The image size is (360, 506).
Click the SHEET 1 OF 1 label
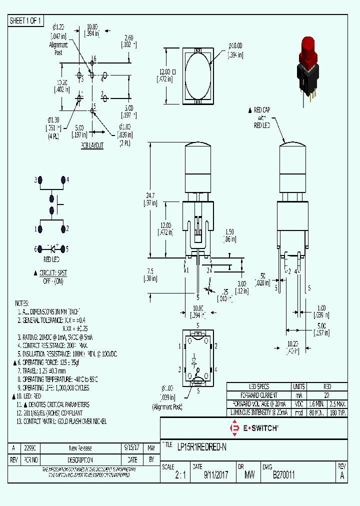click(x=26, y=20)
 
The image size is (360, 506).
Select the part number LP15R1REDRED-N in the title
click(x=202, y=447)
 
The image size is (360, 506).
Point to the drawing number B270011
click(x=283, y=476)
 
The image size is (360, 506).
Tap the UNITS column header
click(x=299, y=386)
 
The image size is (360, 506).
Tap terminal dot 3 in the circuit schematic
click(x=40, y=179)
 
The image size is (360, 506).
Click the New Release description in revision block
click(x=80, y=448)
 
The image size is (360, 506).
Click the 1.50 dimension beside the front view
click(x=229, y=231)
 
